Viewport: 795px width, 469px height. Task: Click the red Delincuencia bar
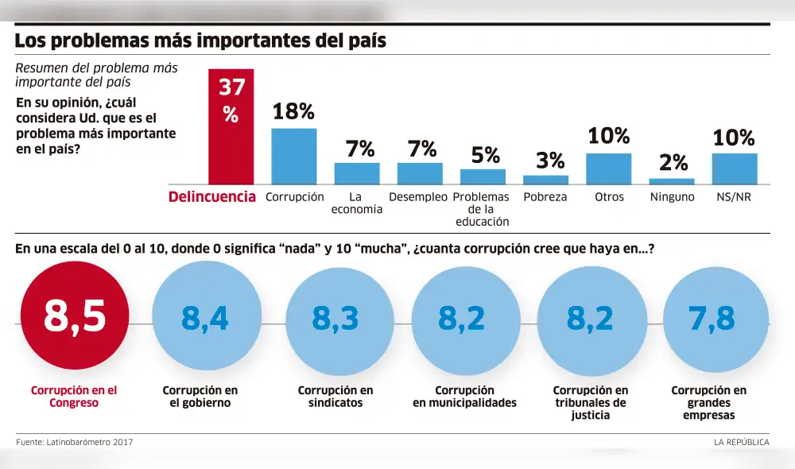231,126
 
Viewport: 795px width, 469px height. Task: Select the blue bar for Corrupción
294,156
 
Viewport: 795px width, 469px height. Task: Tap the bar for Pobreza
545,180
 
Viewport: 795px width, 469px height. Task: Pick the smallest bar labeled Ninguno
672,181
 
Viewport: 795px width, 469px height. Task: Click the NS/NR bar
734,169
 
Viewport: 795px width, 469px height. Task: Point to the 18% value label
294,112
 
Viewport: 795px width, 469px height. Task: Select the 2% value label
673,163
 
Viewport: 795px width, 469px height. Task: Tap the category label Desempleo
418,197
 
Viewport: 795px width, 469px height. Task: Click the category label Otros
609,197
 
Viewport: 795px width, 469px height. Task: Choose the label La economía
357,203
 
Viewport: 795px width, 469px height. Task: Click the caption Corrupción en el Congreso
74,397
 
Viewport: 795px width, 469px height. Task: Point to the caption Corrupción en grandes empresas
708,402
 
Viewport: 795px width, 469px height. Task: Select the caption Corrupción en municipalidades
464,397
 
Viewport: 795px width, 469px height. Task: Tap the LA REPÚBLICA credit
741,442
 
